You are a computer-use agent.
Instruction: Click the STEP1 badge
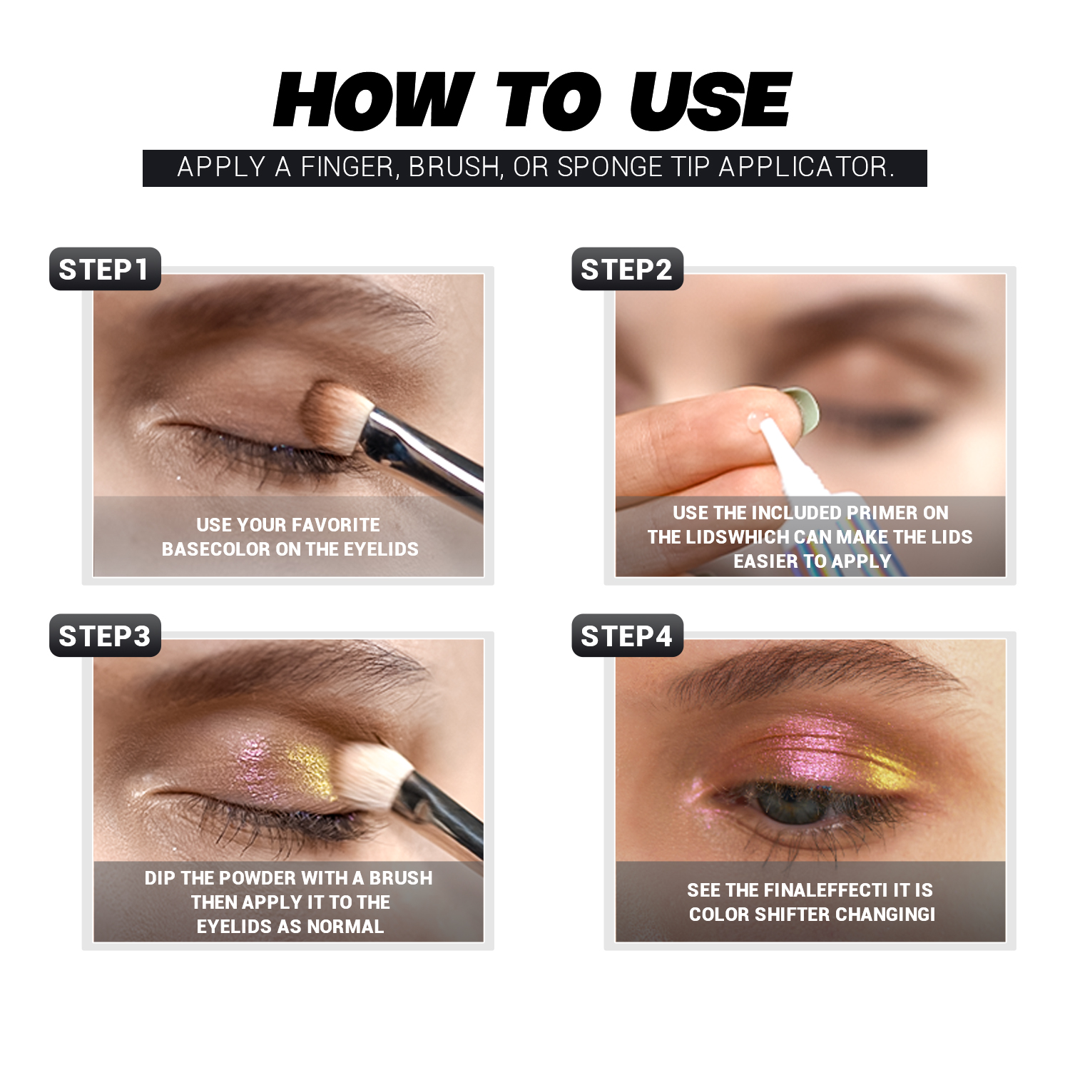[x=105, y=270]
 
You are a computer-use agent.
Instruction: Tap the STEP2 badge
[x=627, y=270]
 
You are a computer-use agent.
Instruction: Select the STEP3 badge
[x=105, y=636]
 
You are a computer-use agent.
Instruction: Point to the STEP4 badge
[x=627, y=636]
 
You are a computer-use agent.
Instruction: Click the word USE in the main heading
[x=710, y=101]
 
